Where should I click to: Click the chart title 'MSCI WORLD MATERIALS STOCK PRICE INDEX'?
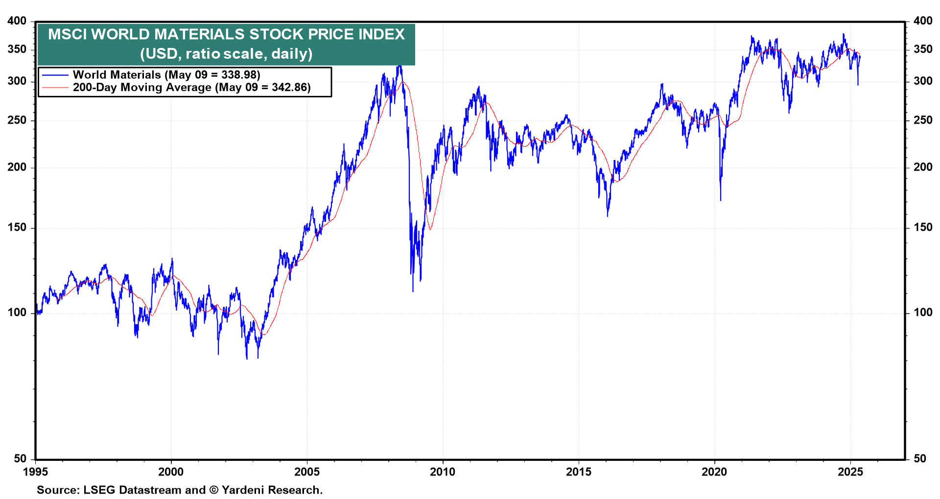[x=226, y=34]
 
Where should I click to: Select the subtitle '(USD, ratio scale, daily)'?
[x=226, y=53]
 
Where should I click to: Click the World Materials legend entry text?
[x=166, y=75]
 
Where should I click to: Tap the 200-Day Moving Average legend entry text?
[x=191, y=88]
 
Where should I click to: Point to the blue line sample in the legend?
[x=55, y=75]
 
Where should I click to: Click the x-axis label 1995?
[x=35, y=472]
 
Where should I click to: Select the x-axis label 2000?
[x=171, y=472]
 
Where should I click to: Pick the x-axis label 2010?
[x=443, y=472]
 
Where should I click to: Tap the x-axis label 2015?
[x=579, y=472]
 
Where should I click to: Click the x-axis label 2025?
[x=850, y=472]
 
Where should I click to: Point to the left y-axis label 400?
[x=17, y=21]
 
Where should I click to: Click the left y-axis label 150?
[x=17, y=227]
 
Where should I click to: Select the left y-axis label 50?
[x=20, y=459]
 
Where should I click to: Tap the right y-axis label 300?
[x=923, y=81]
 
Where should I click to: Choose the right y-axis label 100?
[x=923, y=312]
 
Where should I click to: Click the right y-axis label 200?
[x=923, y=167]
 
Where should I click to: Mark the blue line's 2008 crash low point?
[x=413, y=291]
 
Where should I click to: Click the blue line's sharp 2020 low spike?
[x=721, y=200]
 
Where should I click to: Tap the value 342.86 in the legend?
[x=291, y=88]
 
